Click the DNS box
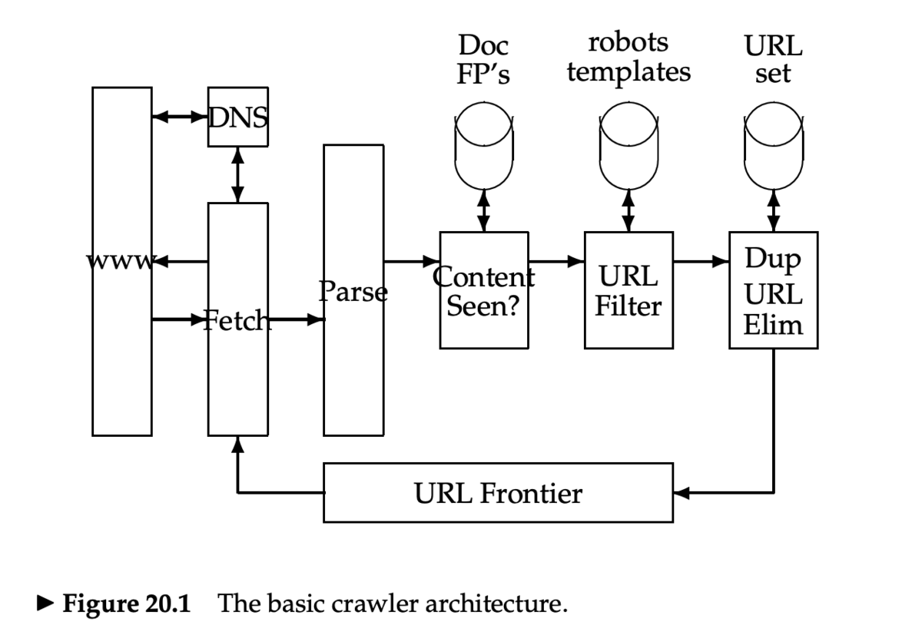tap(238, 117)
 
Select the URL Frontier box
tap(498, 493)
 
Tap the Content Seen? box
tap(483, 290)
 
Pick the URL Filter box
tap(628, 290)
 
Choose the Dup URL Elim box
tap(773, 290)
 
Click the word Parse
tap(353, 292)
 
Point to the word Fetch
tap(237, 319)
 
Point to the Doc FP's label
tap(483, 59)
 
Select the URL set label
tap(773, 59)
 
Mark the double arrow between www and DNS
tap(180, 117)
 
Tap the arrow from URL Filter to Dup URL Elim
tap(701, 261)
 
